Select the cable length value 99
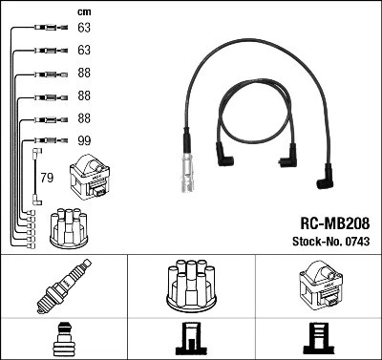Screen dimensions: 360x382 [83, 140]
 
